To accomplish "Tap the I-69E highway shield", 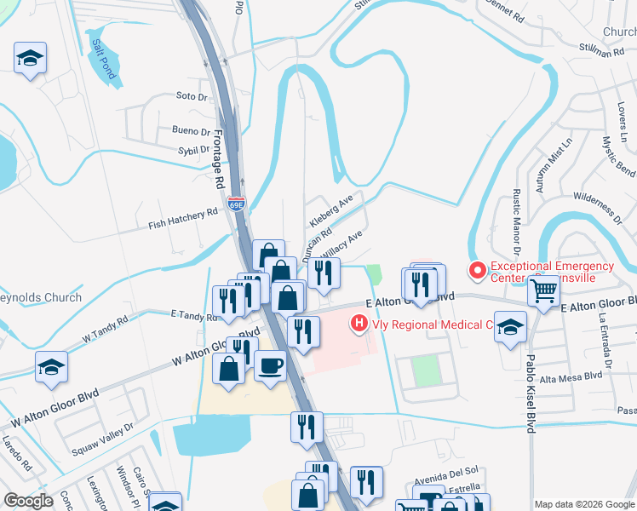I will pos(237,204).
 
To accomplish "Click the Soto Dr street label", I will pos(192,96).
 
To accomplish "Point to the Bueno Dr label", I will pos(191,131).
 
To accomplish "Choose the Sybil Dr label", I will pos(193,149).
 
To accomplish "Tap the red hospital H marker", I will pos(359,324).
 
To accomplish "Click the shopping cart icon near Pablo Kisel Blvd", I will pos(543,291).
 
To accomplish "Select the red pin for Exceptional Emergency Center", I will pos(478,271).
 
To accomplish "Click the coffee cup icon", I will pos(270,365).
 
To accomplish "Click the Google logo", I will pos(28,501).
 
